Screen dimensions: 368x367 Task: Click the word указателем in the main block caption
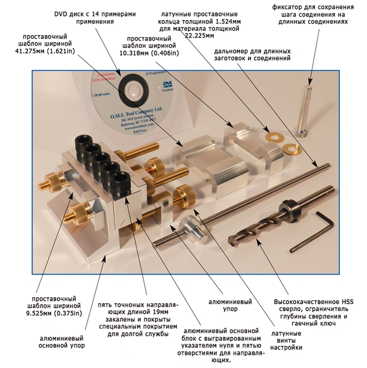pos(203,345)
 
